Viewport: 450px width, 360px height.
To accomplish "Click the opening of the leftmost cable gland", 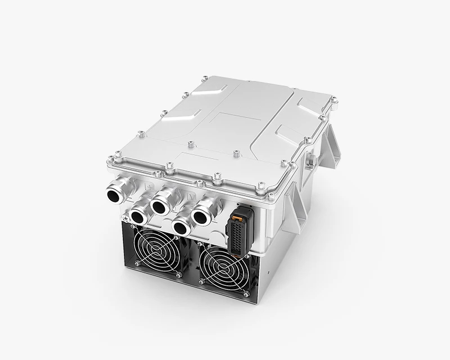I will [115, 195].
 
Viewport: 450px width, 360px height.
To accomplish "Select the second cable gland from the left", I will [137, 214].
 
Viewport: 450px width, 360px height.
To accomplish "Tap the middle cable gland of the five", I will [159, 206].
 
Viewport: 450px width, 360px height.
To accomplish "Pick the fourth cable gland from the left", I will [181, 226].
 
